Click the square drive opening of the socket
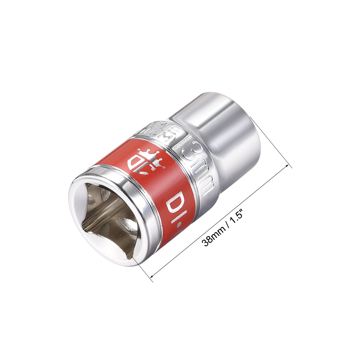pos(108,219)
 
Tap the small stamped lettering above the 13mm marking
pos(164,129)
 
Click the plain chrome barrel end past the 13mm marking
pos(226,137)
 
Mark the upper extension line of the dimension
pos(275,144)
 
